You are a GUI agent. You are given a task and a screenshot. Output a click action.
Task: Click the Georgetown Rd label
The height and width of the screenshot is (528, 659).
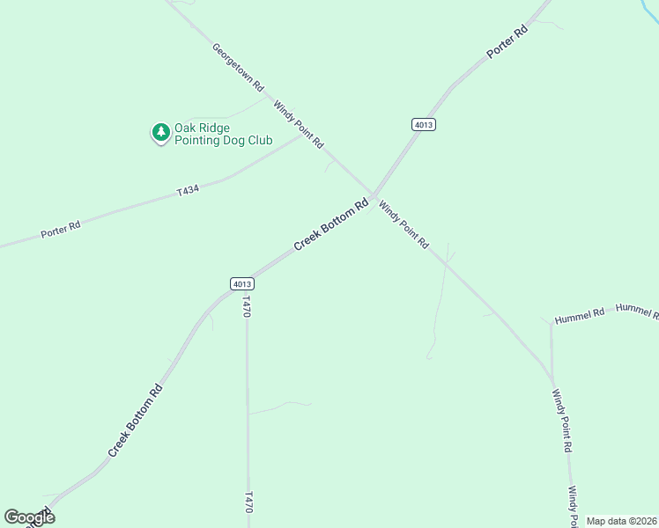238,67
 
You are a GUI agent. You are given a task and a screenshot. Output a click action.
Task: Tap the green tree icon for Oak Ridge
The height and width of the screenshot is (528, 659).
160,132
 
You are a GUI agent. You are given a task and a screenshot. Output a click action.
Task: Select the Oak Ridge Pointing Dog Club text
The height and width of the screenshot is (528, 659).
223,134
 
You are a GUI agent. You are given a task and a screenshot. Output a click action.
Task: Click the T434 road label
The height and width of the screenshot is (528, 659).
187,189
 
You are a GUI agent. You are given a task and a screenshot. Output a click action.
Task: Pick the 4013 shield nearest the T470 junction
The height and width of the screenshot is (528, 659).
243,283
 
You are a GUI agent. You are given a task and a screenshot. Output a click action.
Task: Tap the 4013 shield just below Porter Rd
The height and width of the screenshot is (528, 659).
424,125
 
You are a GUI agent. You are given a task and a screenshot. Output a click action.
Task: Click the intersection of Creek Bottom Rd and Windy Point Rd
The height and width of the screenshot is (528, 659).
374,195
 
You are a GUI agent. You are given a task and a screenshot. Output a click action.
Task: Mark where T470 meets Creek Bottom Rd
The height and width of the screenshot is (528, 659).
246,279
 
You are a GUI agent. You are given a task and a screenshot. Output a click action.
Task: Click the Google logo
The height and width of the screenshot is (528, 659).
29,517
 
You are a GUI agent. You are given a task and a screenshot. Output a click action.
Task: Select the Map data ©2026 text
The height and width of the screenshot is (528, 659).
621,521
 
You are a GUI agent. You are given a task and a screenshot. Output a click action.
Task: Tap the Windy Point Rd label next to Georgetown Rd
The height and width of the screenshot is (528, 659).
299,124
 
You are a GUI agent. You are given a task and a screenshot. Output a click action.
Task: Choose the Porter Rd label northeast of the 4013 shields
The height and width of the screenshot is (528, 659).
507,42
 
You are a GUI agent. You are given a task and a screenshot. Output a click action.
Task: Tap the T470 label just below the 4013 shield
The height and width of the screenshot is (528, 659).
247,307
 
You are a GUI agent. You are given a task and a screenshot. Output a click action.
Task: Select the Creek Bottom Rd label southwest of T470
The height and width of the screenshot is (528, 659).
136,420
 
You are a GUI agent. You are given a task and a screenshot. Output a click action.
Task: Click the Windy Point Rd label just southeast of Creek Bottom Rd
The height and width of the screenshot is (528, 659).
404,224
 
